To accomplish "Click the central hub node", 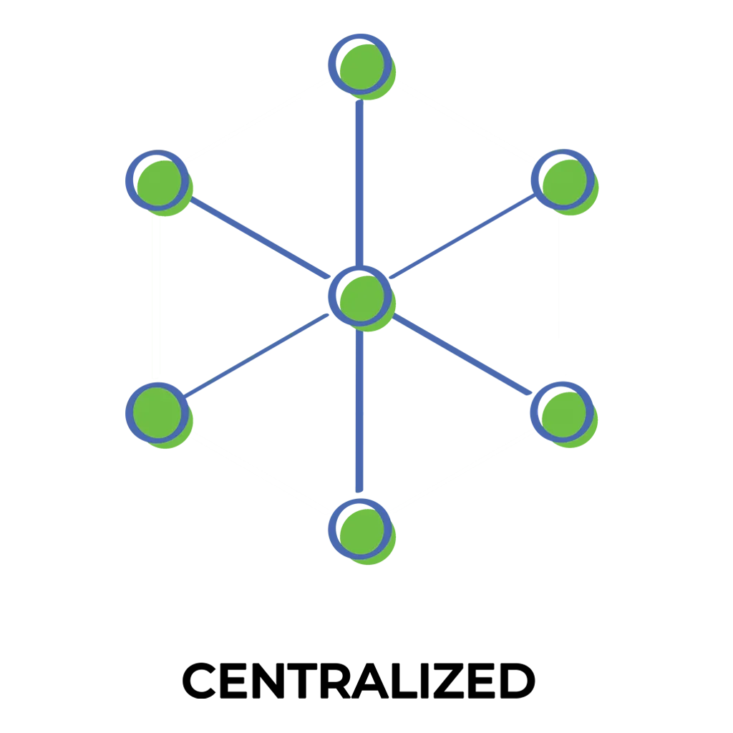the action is pos(361,298).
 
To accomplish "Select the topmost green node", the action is pos(361,67).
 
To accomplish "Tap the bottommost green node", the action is pos(361,532).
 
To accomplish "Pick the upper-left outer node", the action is pos(159,183).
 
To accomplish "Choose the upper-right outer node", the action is pos(565,182).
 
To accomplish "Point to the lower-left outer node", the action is pos(159,415).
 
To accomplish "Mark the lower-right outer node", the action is pos(564,414).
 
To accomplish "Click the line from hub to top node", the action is pos(359,183).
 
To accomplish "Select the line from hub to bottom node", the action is pos(359,411).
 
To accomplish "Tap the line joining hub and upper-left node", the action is pos(260,238).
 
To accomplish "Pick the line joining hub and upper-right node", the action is pos(462,236).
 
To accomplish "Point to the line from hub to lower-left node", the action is pos(257,356).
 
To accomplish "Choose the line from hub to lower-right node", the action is pos(462,354).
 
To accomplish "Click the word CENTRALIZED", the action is pos(359,681).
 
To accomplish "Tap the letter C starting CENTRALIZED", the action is pos(200,681).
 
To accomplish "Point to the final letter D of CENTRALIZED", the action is pos(518,681).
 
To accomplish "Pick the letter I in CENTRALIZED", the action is pos(425,681).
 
